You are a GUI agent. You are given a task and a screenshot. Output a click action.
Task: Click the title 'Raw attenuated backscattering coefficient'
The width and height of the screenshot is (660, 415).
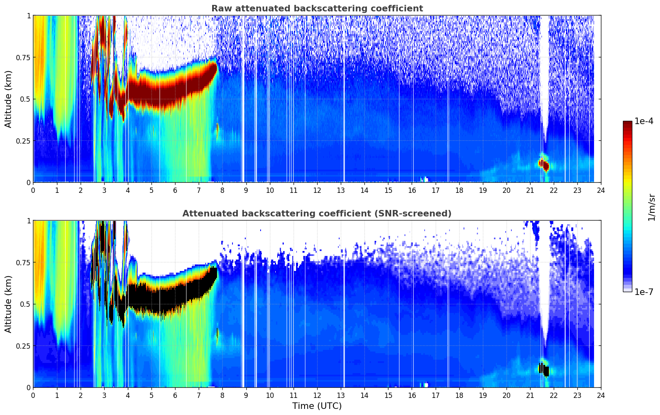(x=317, y=9)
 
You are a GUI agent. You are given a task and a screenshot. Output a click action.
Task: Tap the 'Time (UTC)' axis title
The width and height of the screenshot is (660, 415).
(x=317, y=406)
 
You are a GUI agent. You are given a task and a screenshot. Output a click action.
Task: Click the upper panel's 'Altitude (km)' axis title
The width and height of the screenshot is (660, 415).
(x=9, y=99)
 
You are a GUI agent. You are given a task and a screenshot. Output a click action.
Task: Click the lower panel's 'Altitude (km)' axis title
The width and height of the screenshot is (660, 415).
(x=9, y=304)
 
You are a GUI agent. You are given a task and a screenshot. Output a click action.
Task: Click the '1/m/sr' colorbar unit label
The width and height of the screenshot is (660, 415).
(x=651, y=207)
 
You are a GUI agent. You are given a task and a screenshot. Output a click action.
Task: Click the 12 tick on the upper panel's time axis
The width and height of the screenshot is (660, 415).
(x=317, y=190)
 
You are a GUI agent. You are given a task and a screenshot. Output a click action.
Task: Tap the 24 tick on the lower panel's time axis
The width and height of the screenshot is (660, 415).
(x=601, y=395)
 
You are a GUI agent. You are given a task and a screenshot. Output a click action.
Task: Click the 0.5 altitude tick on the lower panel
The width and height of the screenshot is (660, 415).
(x=25, y=304)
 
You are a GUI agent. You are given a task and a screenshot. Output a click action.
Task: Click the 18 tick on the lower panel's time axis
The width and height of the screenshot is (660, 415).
(x=459, y=395)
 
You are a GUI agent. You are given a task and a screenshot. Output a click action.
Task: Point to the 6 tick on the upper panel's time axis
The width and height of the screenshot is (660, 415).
(x=175, y=190)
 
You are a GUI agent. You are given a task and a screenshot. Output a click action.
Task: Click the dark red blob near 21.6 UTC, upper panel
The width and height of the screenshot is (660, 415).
(x=544, y=165)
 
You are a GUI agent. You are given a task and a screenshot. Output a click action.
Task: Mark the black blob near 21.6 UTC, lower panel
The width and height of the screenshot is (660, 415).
(x=544, y=369)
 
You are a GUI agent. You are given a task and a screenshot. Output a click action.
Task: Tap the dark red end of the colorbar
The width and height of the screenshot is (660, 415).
(x=627, y=124)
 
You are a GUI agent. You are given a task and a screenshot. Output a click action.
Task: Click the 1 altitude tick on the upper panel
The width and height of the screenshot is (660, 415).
(x=29, y=15)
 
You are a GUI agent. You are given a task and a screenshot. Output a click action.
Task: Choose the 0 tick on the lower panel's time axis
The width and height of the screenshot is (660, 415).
(x=33, y=395)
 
